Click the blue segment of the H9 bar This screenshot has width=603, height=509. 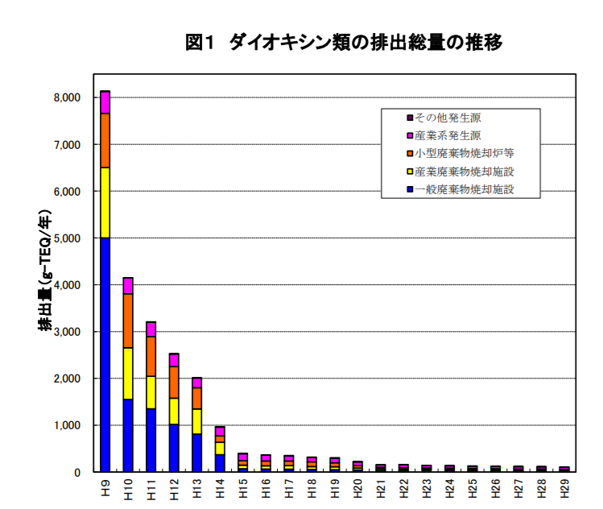pos(105,354)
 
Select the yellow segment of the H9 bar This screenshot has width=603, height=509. pos(105,202)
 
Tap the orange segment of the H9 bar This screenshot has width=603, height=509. pos(105,140)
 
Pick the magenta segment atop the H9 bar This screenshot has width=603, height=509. pos(105,102)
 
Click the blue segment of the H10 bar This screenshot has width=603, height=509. pos(127,435)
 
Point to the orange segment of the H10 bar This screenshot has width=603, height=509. pos(127,321)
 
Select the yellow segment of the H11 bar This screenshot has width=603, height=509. pos(151,392)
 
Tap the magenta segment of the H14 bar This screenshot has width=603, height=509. pos(220,431)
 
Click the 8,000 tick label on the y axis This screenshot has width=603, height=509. pos(68,97)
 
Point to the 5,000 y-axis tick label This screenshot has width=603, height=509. pos(68,238)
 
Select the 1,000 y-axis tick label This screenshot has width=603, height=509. pos(68,425)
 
